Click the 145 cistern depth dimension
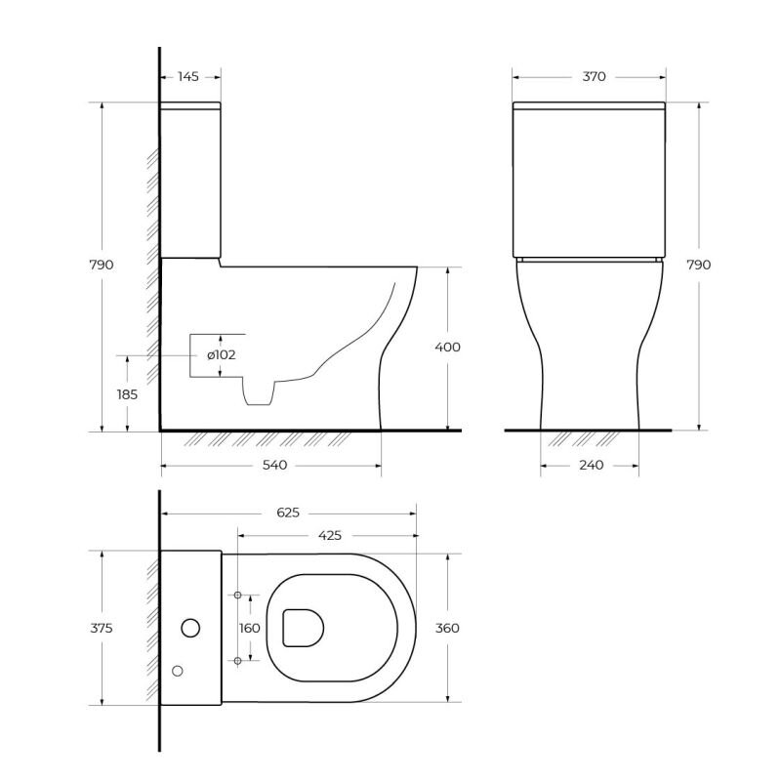point(188,77)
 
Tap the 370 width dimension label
point(594,77)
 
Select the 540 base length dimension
point(274,466)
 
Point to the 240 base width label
point(592,466)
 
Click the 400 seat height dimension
point(447,347)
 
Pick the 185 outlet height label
point(127,394)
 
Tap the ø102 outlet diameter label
point(222,355)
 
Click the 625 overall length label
point(288,513)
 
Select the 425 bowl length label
point(330,535)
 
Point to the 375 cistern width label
point(102,628)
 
